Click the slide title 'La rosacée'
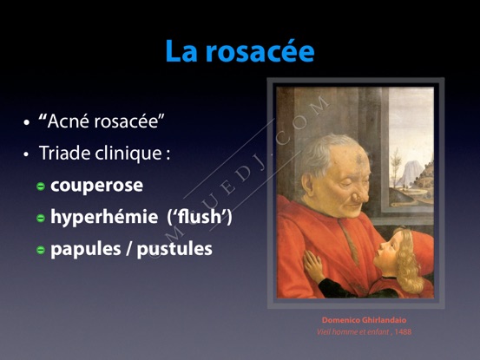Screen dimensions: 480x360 [x=240, y=51]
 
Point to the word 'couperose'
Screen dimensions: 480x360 [x=96, y=186]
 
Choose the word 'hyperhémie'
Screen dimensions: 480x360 [x=104, y=216]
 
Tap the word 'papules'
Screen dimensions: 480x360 [x=86, y=249]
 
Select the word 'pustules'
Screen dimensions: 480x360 [x=174, y=249]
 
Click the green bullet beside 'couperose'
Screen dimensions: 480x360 [x=41, y=187]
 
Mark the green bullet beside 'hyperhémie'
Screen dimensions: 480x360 [x=41, y=218]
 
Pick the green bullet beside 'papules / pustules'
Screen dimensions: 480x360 [x=41, y=250]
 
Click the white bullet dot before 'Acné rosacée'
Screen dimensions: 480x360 [x=27, y=123]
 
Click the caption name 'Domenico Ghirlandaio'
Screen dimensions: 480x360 [x=364, y=320]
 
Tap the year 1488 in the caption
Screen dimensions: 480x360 [x=403, y=331]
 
